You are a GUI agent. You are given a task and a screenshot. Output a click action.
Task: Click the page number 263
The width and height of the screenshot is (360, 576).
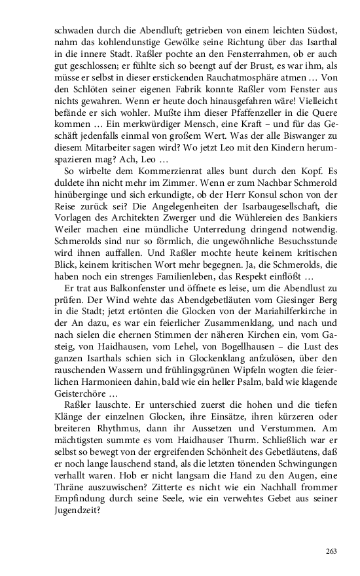pyautogui.click(x=331, y=552)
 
